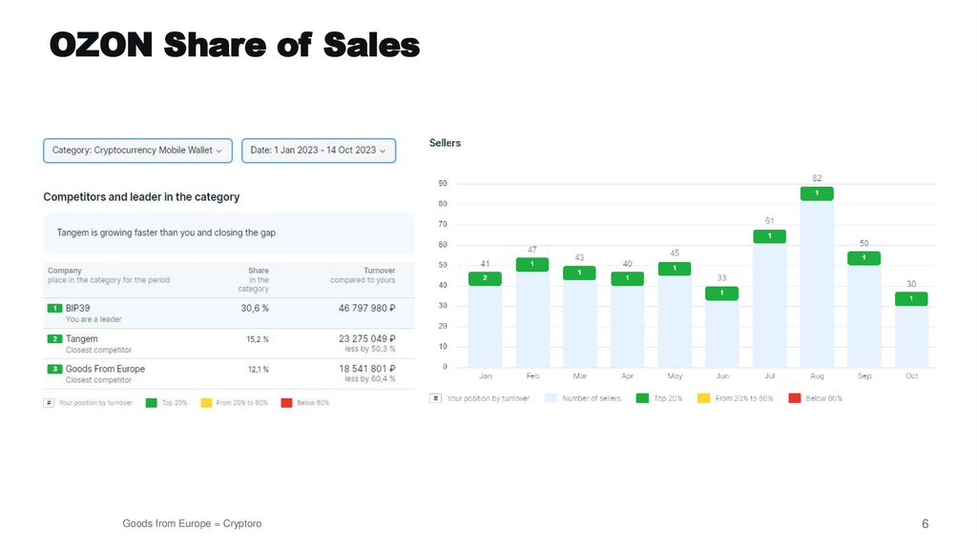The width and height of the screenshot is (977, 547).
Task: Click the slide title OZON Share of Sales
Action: (x=234, y=44)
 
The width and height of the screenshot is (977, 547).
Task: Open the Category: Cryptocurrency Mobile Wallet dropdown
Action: (x=137, y=151)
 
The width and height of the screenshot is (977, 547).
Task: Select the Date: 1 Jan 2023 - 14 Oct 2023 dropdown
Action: (x=318, y=151)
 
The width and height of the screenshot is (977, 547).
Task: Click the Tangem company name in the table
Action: (x=82, y=338)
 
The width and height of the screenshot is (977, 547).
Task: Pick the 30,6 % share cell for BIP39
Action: (x=254, y=308)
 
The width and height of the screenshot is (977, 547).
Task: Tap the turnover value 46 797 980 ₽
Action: (x=366, y=308)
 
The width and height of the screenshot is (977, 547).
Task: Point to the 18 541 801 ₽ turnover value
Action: (x=366, y=368)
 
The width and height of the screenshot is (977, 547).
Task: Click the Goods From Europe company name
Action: (x=105, y=368)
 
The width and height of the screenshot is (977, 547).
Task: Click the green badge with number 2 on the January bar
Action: (x=485, y=278)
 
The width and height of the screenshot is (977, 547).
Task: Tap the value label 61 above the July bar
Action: (x=769, y=220)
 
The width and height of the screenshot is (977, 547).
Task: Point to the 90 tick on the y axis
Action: (x=443, y=183)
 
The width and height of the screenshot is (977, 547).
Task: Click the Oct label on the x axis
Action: (x=911, y=376)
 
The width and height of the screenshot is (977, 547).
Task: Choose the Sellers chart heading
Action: (x=445, y=143)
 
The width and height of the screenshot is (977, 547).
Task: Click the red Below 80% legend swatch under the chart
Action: (x=794, y=397)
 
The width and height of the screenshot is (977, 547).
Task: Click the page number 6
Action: (x=925, y=524)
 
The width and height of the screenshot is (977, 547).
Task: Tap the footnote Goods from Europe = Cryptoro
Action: (x=192, y=524)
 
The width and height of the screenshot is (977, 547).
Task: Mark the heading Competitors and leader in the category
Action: (x=141, y=197)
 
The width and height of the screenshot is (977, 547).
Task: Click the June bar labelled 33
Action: (x=721, y=334)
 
